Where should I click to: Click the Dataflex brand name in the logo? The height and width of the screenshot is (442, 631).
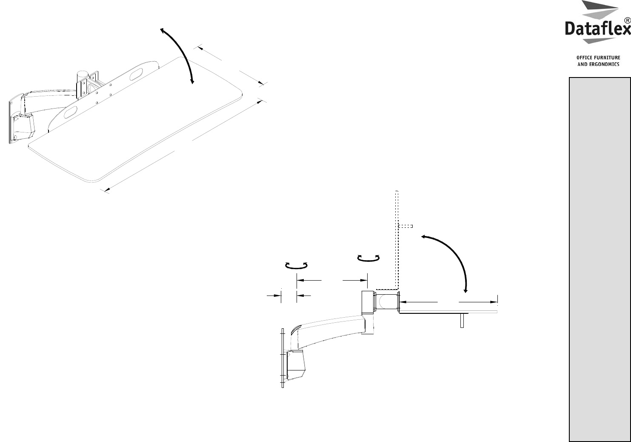(x=598, y=29)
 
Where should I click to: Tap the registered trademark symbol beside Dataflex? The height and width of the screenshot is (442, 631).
(x=628, y=20)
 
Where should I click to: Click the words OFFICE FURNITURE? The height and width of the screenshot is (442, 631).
(x=598, y=57)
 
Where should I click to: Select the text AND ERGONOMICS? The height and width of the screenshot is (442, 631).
(x=598, y=64)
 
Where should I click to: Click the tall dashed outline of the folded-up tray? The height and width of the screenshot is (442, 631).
(x=397, y=240)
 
